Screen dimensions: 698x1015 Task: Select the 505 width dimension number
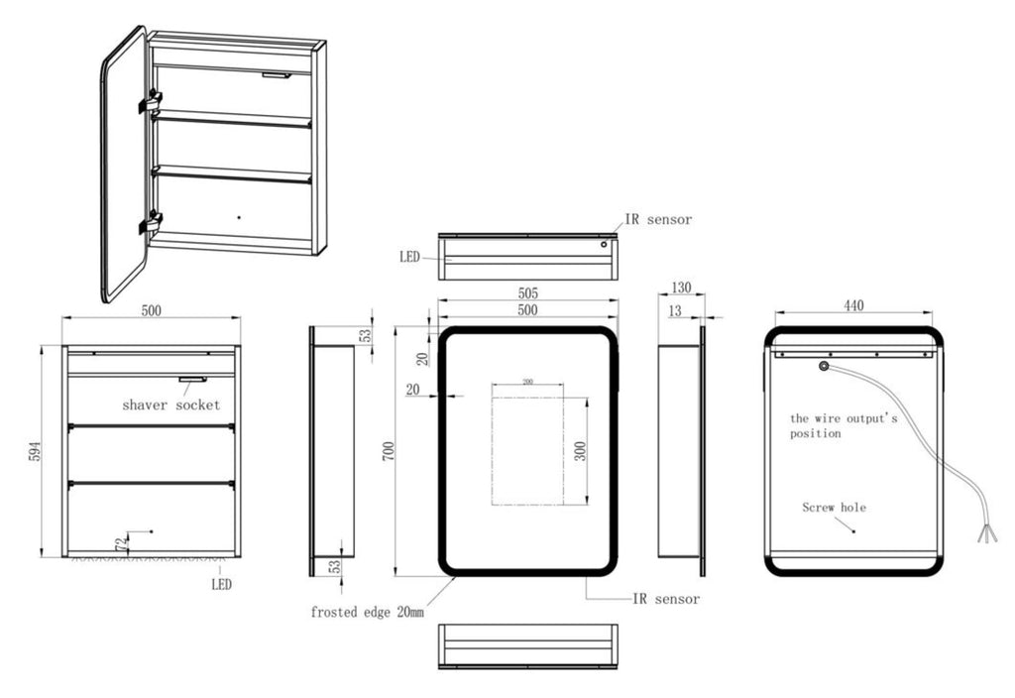[527, 292]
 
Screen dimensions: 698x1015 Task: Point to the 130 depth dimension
[680, 288]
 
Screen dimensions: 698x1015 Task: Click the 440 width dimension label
[853, 306]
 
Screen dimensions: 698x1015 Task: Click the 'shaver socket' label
[170, 405]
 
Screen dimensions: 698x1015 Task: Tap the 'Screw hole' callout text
[834, 508]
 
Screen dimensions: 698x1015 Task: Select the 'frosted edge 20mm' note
[367, 613]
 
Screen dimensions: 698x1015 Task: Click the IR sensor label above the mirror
[658, 219]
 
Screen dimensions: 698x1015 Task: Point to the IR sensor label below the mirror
[666, 599]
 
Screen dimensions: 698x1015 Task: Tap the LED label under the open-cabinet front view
[221, 585]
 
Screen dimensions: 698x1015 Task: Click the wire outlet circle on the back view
[823, 367]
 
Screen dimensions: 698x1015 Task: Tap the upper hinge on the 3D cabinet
[151, 101]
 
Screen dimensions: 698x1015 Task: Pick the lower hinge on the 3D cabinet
[151, 223]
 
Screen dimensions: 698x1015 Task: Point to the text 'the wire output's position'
[843, 425]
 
